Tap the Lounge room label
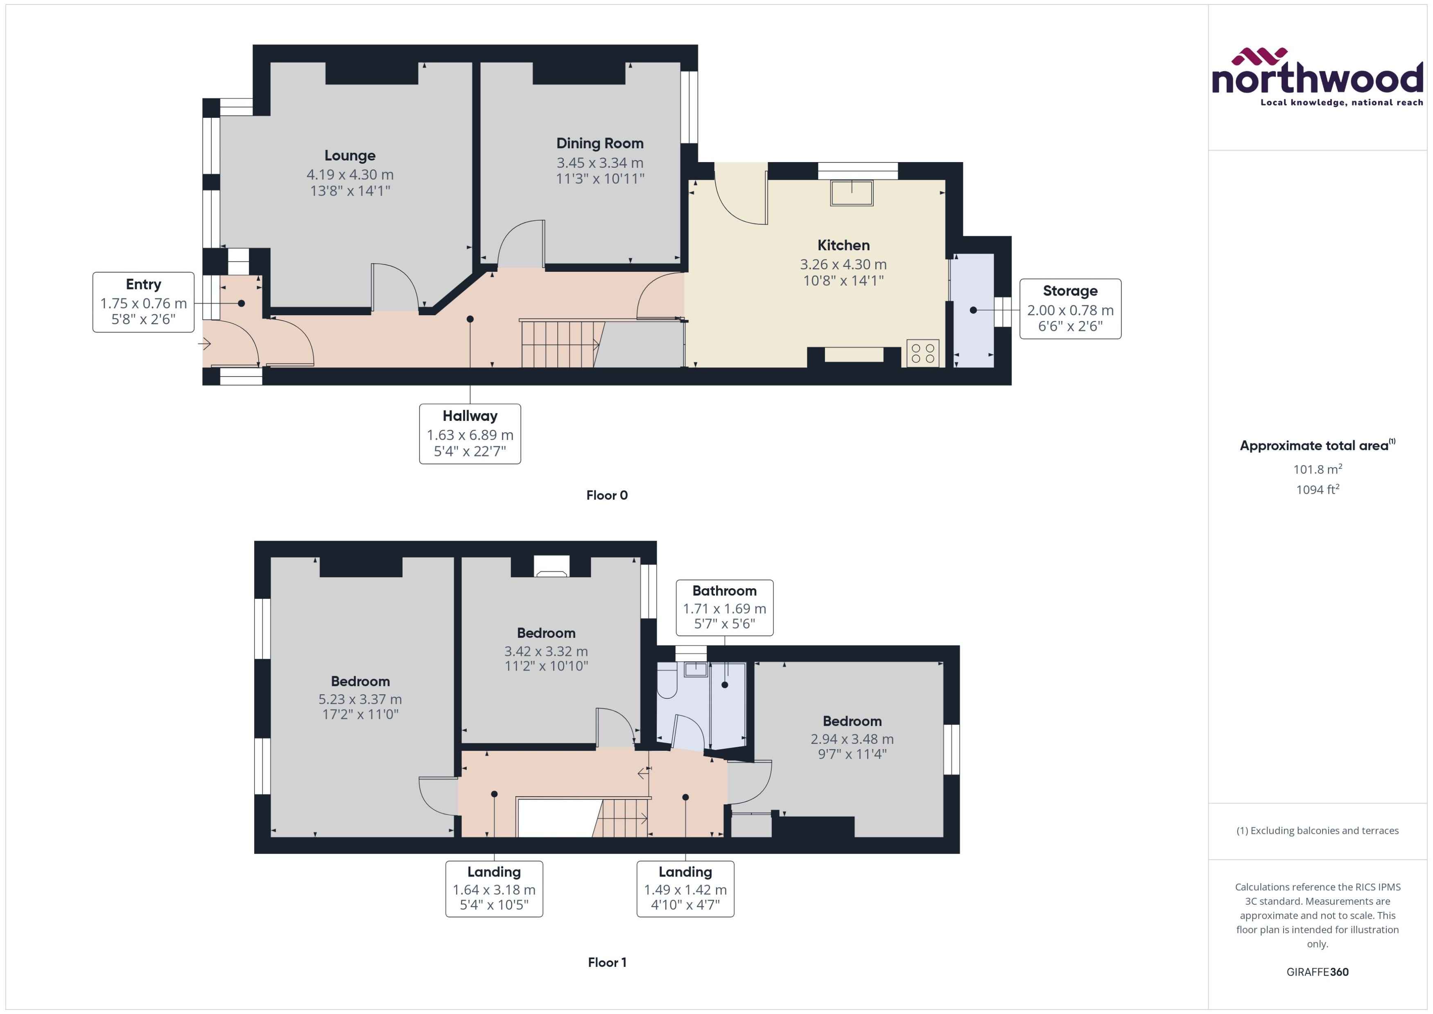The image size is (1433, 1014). [350, 156]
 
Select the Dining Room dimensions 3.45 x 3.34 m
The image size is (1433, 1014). [599, 163]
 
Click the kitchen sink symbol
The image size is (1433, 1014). [851, 192]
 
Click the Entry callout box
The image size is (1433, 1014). [143, 302]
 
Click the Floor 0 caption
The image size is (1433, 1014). [606, 495]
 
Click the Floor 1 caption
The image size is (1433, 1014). [606, 962]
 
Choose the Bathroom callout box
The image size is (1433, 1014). [724, 607]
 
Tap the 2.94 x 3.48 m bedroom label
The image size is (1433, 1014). [852, 738]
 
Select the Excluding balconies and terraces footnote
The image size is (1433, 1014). [1317, 831]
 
